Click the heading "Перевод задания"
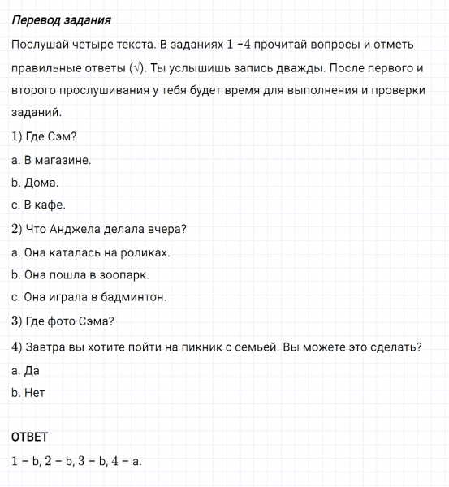pyautogui.click(x=62, y=19)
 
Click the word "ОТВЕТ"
pyautogui.click(x=30, y=437)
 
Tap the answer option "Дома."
pyautogui.click(x=35, y=183)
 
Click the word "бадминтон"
pyautogui.click(x=135, y=298)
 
